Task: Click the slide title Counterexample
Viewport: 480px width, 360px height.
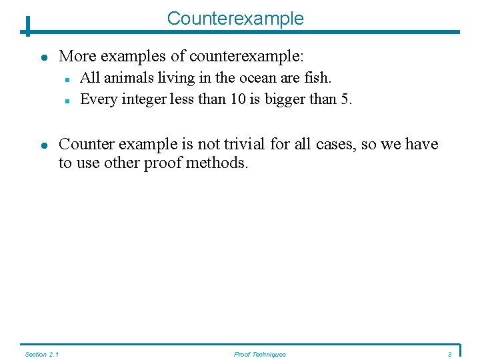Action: coord(235,18)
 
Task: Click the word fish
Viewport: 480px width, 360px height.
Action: coord(317,78)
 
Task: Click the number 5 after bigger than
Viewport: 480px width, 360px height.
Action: coord(346,100)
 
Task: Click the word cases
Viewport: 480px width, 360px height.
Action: coord(337,144)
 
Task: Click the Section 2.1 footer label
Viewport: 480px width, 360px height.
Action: coord(41,354)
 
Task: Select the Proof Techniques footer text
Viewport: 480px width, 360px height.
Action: coord(259,354)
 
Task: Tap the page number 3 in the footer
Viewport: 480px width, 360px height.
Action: coord(450,354)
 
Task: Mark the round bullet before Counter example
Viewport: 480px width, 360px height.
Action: coord(43,145)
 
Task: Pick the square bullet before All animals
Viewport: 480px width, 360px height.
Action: coord(68,79)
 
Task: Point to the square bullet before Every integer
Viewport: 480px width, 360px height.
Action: coord(68,101)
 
